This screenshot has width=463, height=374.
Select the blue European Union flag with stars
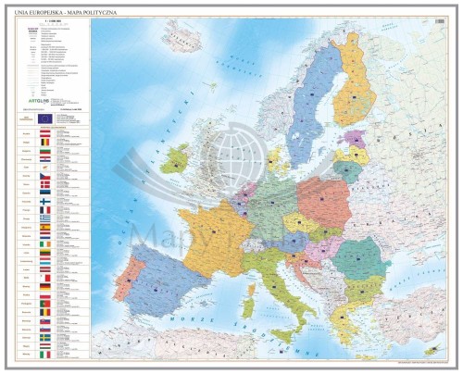46,118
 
